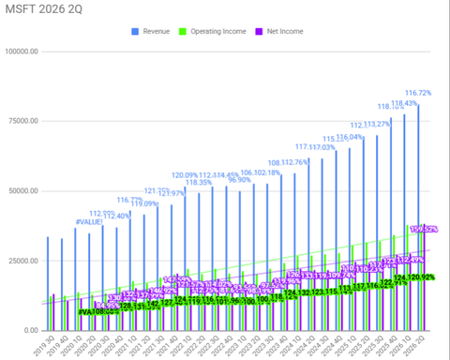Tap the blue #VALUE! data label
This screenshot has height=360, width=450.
click(90, 221)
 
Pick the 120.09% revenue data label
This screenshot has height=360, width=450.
click(187, 175)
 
